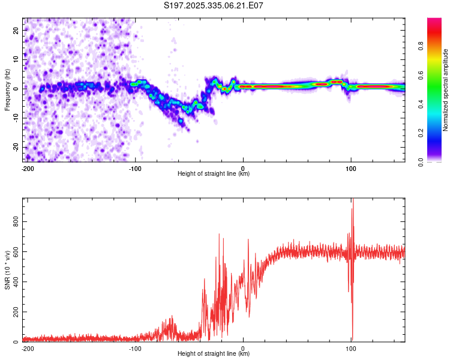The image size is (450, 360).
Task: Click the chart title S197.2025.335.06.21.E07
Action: pyautogui.click(x=214, y=5)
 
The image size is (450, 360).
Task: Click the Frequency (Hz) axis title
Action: pyautogui.click(x=7, y=90)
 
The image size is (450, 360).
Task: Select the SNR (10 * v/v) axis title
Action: pyautogui.click(x=7, y=269)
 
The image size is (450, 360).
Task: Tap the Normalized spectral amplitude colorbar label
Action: pyautogui.click(x=445, y=90)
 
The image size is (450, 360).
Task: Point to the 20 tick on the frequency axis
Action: pyautogui.click(x=17, y=29)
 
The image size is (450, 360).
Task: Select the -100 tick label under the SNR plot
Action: pyautogui.click(x=135, y=348)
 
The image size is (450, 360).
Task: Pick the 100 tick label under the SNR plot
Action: pyautogui.click(x=350, y=348)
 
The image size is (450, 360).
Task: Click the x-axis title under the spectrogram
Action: pyautogui.click(x=214, y=174)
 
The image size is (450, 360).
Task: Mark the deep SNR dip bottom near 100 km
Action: pyautogui.click(x=352, y=339)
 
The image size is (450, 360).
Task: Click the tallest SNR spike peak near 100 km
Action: pyautogui.click(x=353, y=200)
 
